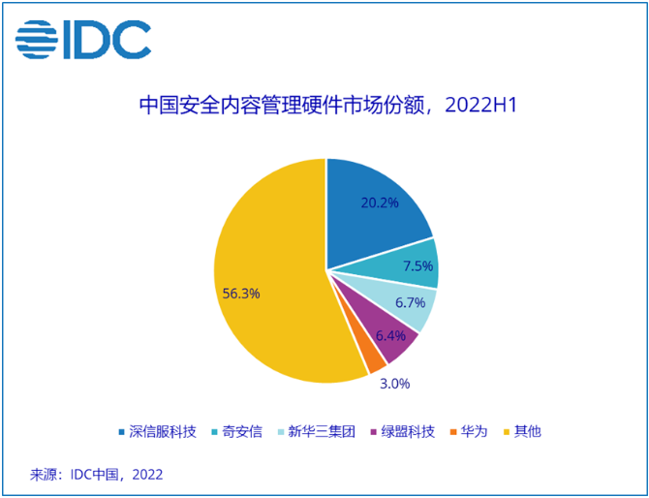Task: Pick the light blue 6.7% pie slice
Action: pos(406,302)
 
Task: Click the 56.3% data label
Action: pos(240,293)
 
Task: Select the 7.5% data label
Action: pos(418,266)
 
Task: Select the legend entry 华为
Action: pos(472,431)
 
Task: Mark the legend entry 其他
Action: pos(527,431)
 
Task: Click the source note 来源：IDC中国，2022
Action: pos(97,475)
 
